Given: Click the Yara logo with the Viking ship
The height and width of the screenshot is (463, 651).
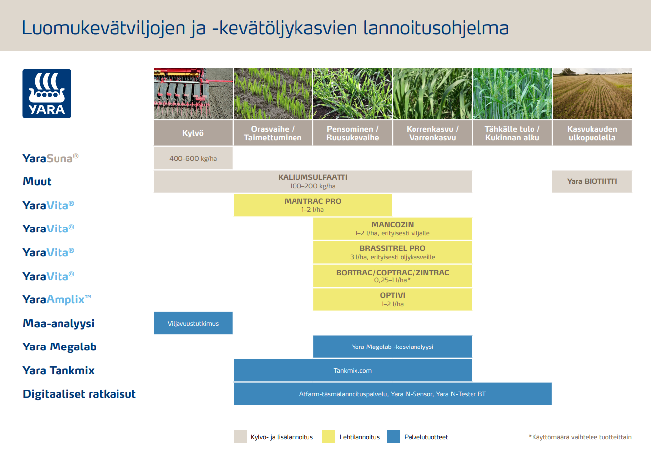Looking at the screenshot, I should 47,94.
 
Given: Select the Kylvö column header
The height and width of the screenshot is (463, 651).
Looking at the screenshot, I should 193,133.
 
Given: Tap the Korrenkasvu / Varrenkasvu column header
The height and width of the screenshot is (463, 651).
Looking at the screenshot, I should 432,133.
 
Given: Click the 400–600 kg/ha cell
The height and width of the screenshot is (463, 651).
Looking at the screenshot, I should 193,158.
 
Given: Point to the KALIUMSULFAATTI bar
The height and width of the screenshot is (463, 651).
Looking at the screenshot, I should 312,181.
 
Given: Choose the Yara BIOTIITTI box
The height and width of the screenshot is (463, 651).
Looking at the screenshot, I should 592,181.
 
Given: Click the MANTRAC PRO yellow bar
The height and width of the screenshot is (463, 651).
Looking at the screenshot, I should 312,205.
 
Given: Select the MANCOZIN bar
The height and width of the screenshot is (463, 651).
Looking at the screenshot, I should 392,229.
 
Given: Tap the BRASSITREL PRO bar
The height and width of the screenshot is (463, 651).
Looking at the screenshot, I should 392,252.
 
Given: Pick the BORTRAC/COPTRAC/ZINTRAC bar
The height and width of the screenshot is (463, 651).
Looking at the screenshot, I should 392,276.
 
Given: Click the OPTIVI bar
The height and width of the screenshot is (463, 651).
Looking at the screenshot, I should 392,299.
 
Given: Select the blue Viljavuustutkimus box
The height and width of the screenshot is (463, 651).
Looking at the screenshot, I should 193,323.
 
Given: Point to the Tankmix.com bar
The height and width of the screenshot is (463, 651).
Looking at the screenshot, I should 353,370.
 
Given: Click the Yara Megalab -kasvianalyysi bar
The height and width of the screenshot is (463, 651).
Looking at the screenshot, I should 392,347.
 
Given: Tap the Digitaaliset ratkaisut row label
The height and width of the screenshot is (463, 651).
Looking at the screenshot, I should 79,394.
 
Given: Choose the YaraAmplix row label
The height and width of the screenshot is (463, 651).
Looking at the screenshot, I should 57,299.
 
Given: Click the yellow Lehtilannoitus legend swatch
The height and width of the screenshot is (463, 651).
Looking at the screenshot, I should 328,437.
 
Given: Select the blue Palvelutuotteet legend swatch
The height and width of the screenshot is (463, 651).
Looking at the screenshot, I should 393,437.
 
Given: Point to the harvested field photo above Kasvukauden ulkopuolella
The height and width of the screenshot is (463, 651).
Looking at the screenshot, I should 592,94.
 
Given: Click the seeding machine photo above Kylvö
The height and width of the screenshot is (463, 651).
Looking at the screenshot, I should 193,94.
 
